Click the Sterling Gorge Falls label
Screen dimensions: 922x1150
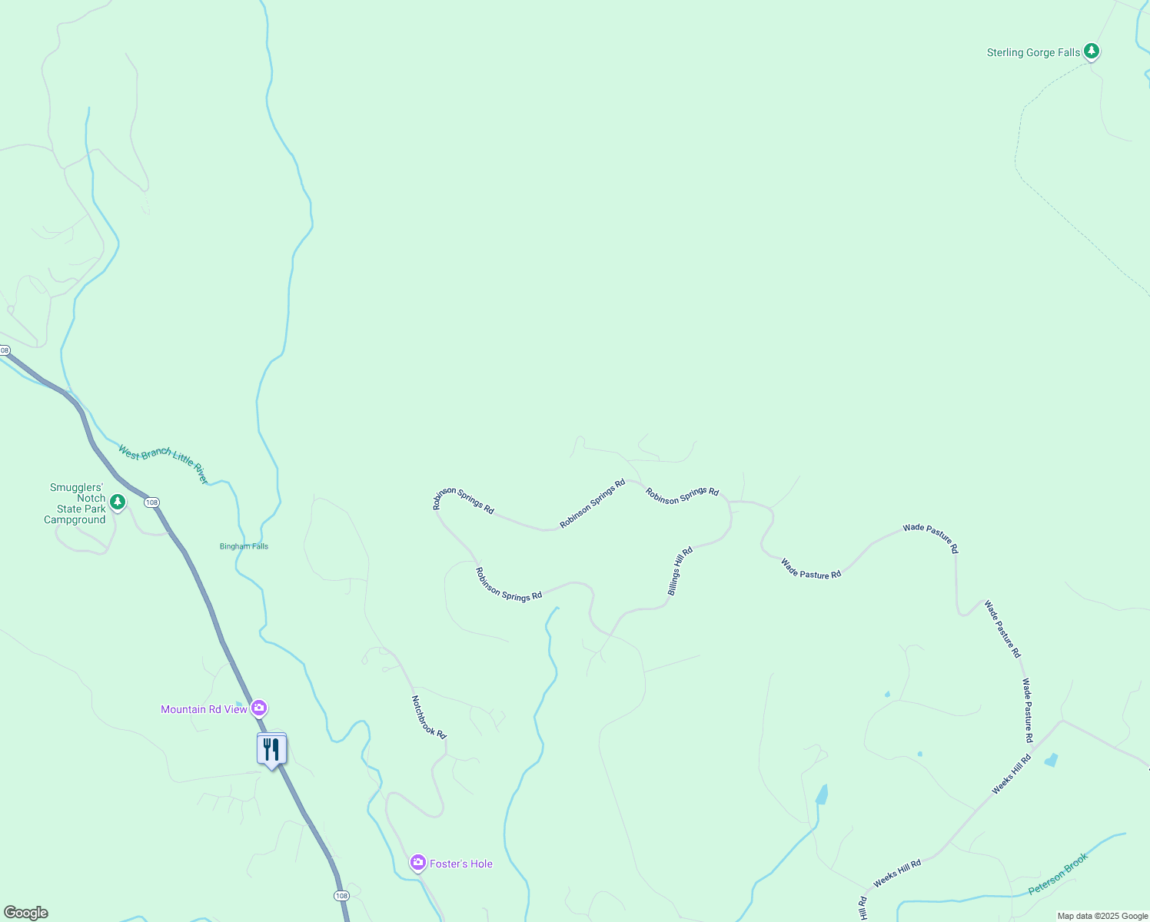coord(1033,53)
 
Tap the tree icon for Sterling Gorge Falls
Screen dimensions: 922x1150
coord(1091,51)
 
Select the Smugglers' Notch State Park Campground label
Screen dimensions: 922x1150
coord(75,504)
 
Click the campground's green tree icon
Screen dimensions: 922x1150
coord(117,502)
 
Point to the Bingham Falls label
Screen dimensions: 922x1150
coord(244,546)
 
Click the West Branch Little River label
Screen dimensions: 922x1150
coord(163,464)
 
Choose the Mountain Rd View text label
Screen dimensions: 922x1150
coord(204,709)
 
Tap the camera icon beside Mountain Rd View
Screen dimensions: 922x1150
coord(259,708)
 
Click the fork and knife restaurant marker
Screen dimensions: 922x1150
coord(271,749)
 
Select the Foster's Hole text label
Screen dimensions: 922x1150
coord(461,864)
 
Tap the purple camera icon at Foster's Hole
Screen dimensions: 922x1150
coord(418,863)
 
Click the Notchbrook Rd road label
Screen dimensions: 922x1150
coord(428,717)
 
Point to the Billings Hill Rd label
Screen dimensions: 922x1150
coord(680,571)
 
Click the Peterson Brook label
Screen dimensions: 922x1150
coord(1059,874)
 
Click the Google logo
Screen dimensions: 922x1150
coord(26,913)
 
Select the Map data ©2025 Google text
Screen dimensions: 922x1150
coord(1102,916)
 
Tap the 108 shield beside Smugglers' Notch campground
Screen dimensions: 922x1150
coord(151,502)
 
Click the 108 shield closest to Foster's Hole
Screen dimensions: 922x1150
coord(341,896)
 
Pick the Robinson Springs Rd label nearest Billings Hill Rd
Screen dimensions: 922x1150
coord(682,496)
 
